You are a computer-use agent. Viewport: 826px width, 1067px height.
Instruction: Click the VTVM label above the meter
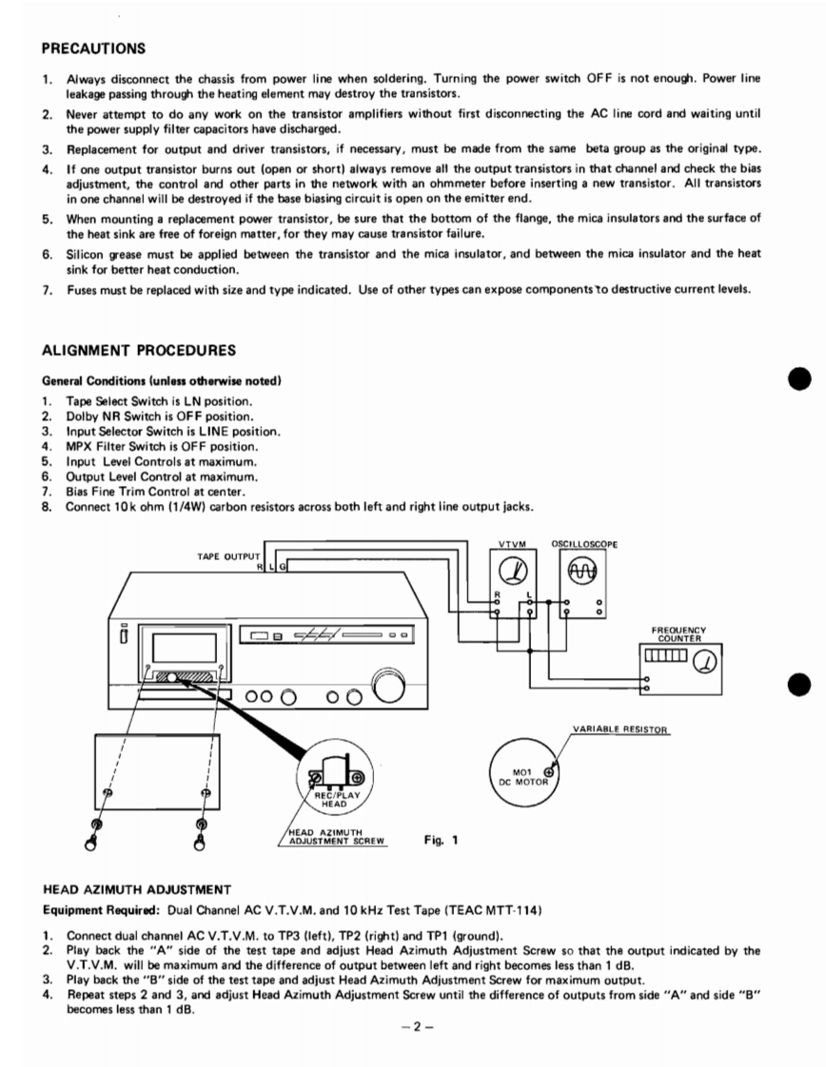[x=512, y=544]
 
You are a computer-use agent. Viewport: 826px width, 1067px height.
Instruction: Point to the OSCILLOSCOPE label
[x=584, y=544]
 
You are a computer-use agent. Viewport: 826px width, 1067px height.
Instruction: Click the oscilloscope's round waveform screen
[x=580, y=571]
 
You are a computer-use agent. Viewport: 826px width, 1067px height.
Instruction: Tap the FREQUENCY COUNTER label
[x=679, y=632]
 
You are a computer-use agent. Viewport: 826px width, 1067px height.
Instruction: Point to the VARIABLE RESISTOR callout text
[x=620, y=730]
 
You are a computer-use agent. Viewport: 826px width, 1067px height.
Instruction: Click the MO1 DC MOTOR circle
[x=522, y=775]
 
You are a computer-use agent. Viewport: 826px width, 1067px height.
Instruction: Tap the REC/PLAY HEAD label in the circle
[x=331, y=800]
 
